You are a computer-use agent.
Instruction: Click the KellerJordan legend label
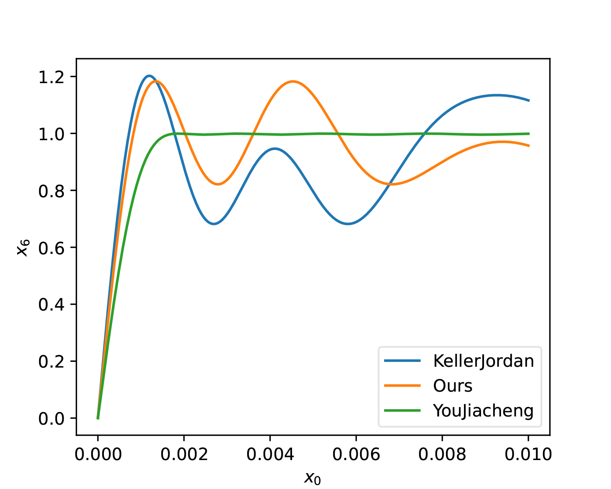tap(483, 361)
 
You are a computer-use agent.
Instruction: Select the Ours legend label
tap(453, 386)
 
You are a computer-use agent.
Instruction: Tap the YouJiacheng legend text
tap(483, 410)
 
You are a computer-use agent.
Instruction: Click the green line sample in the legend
tap(402, 410)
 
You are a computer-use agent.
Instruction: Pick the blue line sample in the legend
tap(402, 361)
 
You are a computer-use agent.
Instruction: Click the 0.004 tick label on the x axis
tap(270, 454)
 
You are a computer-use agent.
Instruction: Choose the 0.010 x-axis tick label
tap(528, 454)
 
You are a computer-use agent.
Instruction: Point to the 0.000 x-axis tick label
tap(98, 454)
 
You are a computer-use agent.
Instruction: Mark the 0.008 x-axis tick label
tap(442, 454)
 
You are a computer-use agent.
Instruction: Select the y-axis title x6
tap(23, 247)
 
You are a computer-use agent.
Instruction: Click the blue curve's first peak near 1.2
tap(149, 76)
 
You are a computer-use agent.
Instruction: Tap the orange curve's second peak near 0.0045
tap(292, 81)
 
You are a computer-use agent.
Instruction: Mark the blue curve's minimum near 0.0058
tap(348, 224)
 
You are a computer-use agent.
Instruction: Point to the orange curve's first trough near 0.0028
tap(218, 184)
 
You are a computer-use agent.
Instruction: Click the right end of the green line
tap(529, 134)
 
